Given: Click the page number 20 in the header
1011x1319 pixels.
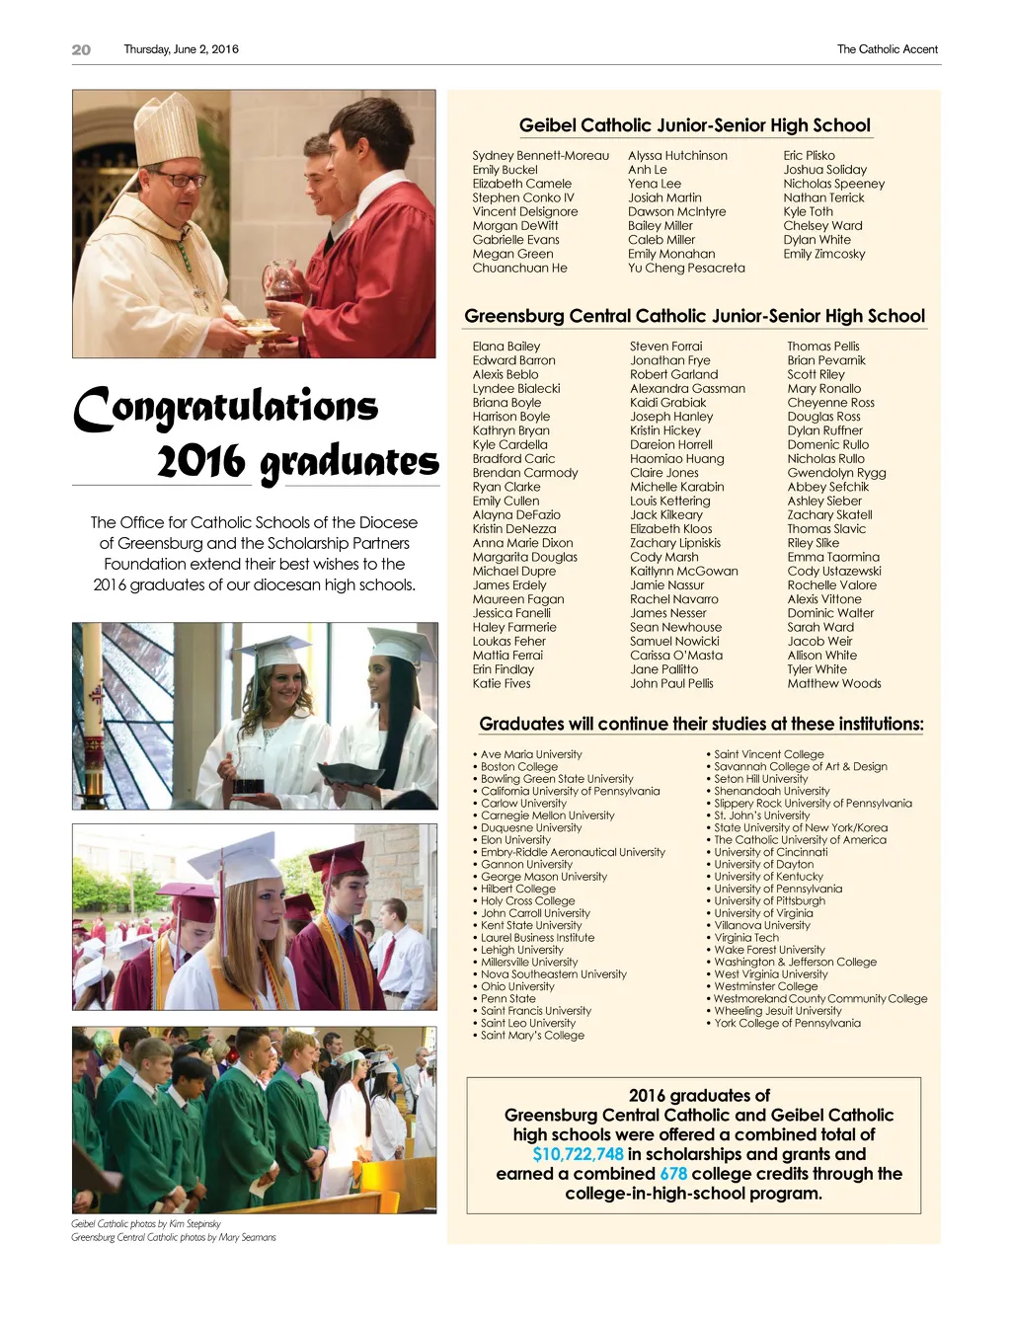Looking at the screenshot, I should click(81, 49).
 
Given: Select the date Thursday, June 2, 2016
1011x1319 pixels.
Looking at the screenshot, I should click(181, 49).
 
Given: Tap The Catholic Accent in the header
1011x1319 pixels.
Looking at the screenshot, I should click(887, 49).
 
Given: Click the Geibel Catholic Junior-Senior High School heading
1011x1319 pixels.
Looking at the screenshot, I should click(694, 125).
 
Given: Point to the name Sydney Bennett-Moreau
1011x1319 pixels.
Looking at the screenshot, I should click(540, 156).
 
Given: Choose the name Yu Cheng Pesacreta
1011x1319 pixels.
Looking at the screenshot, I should click(686, 269).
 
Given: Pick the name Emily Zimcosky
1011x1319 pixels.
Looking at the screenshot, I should click(823, 255).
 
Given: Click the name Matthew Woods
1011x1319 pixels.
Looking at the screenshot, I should click(833, 684).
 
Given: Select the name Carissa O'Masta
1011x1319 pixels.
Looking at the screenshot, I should click(675, 656).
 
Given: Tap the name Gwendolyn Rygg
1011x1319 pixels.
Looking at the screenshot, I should click(836, 473).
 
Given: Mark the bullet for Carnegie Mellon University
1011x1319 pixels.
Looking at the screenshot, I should click(475, 816).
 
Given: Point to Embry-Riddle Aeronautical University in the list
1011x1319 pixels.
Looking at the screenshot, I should click(573, 853).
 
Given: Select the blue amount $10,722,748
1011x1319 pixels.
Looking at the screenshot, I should click(578, 1154).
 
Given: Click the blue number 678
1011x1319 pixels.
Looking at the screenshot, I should click(673, 1174).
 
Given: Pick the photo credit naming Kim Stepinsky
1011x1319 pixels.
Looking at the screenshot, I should click(146, 1224).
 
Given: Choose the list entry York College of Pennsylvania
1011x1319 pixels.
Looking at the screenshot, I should click(787, 1024).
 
